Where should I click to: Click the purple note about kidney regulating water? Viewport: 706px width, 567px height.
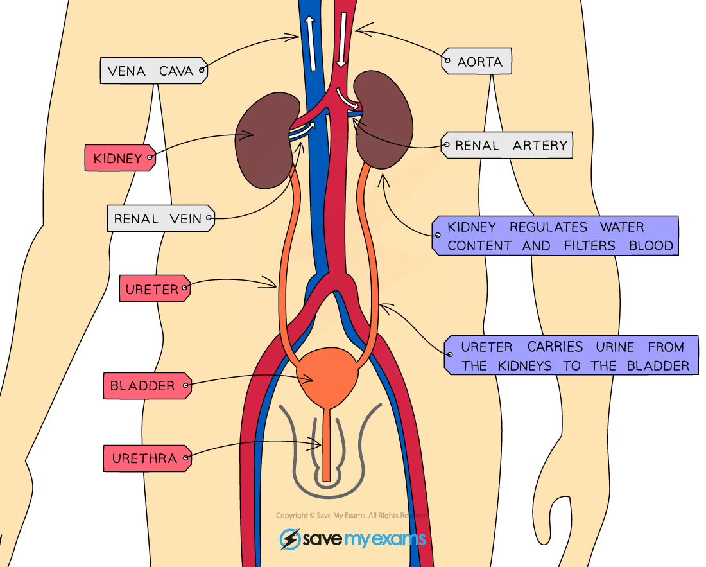coord(555,236)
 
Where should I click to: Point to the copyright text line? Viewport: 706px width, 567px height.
coord(352,516)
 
